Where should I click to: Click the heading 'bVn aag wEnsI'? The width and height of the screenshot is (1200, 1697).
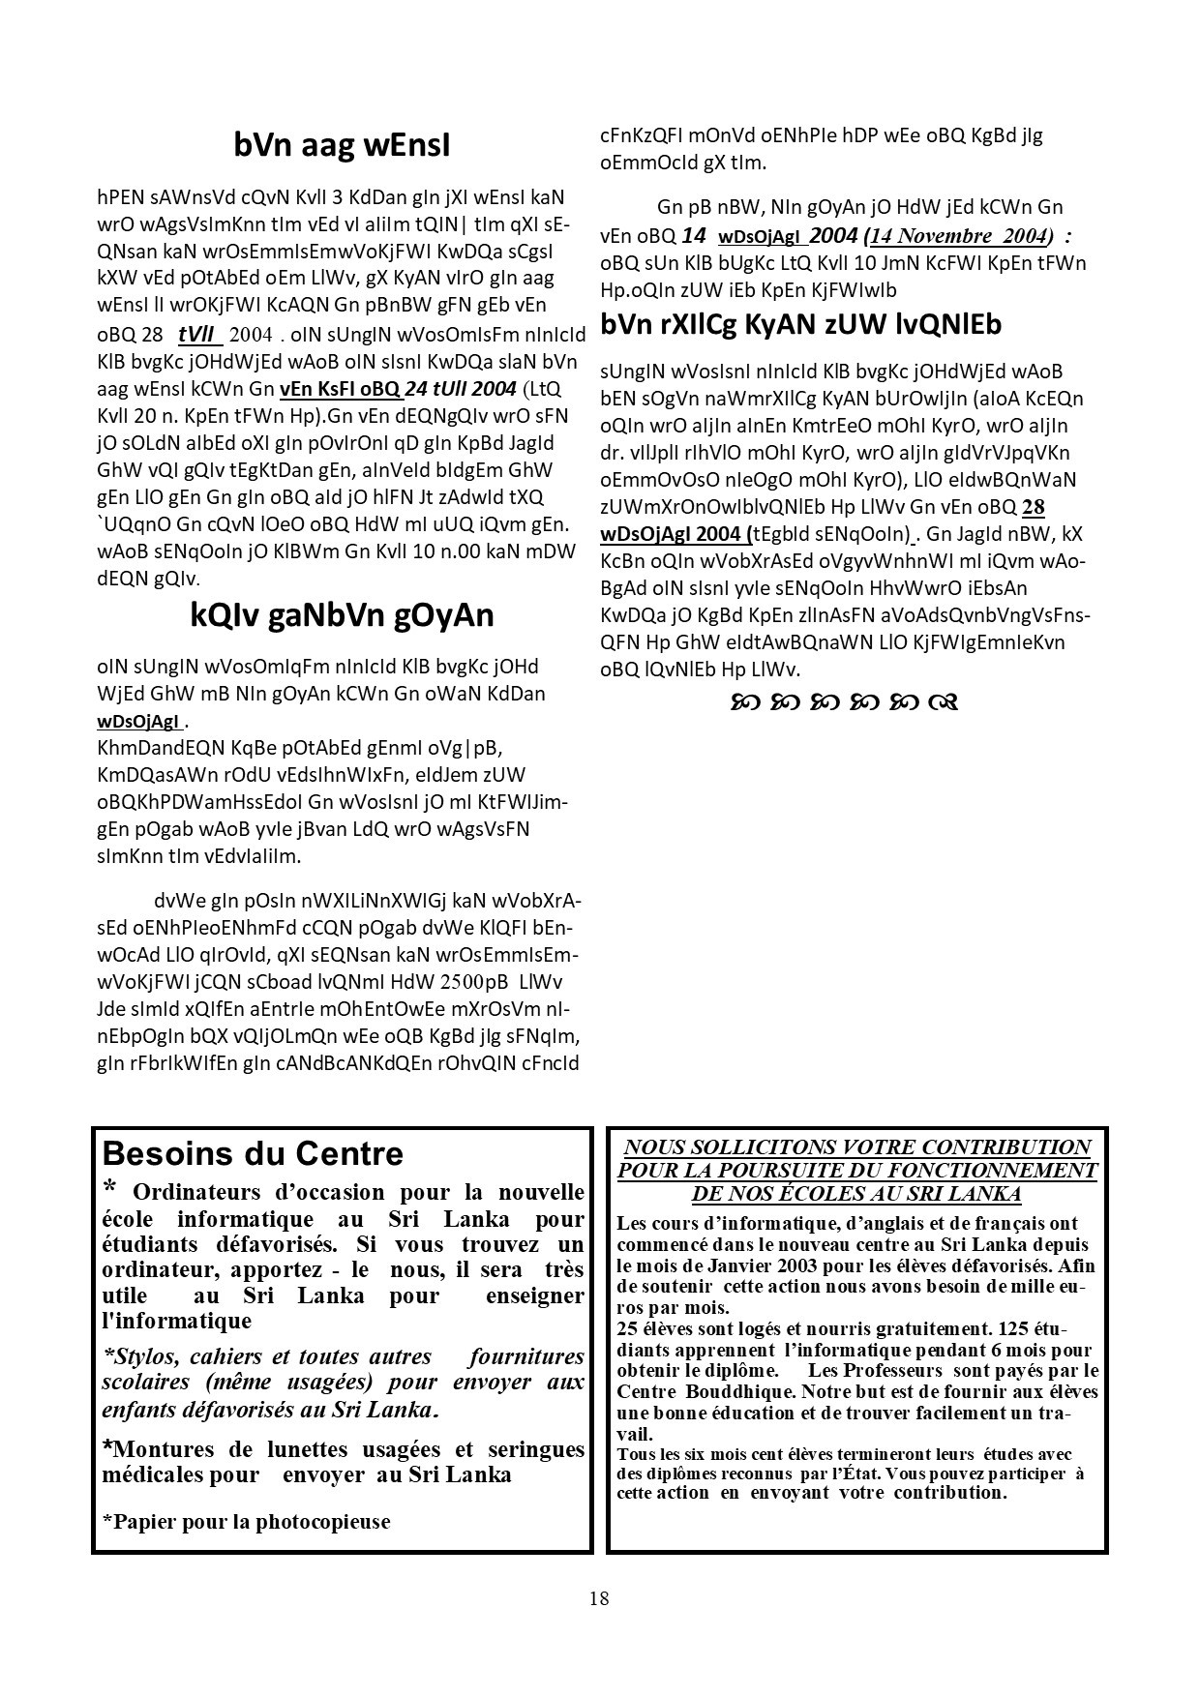pyautogui.click(x=342, y=145)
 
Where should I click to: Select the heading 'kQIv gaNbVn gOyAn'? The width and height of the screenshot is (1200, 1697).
pyautogui.click(x=342, y=615)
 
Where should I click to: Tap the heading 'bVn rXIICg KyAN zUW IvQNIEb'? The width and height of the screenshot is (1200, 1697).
pyautogui.click(x=800, y=324)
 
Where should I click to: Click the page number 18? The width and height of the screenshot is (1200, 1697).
pyautogui.click(x=599, y=1597)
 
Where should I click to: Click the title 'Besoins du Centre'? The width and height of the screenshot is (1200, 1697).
pyautogui.click(x=253, y=1153)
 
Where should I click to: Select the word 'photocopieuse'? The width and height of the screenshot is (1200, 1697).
pyautogui.click(x=322, y=1521)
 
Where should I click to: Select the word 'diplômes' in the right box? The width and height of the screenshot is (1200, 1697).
pyautogui.click(x=662, y=1474)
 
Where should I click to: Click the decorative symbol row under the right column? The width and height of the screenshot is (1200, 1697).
pyautogui.click(x=845, y=701)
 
